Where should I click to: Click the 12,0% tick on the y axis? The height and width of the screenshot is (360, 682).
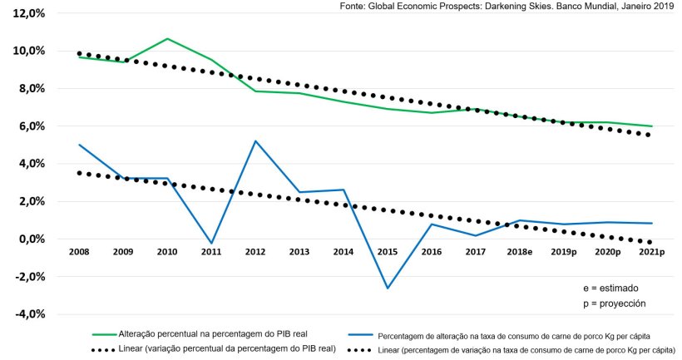24,13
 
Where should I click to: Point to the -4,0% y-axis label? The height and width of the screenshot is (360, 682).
24,314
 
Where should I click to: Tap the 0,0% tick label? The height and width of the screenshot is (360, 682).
27,239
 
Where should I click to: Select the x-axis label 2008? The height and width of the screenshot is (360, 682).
79,251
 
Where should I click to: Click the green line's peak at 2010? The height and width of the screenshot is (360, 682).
167,39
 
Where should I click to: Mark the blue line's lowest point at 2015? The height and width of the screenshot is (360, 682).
386,288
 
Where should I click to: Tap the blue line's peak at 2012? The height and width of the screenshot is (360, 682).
255,141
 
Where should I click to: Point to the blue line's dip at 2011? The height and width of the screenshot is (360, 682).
211,244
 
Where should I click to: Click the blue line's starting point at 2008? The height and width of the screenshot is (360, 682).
79,145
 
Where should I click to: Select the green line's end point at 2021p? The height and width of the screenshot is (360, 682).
651,126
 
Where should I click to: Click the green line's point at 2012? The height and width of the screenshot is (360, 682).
255,91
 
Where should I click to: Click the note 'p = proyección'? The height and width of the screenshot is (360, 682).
615,303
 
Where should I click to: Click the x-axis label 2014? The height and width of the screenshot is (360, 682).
343,251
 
